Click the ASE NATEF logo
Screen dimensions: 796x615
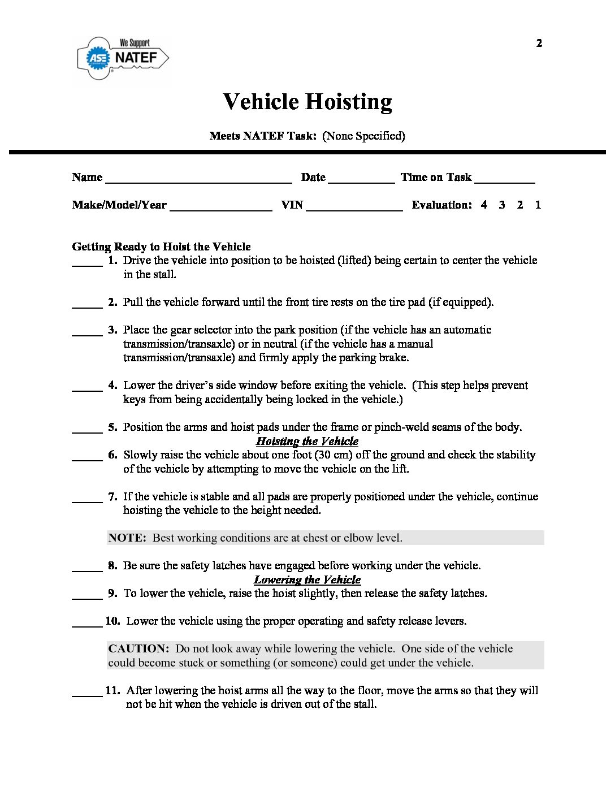point(123,58)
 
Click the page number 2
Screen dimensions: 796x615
point(539,43)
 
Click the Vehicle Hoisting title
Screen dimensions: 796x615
point(307,102)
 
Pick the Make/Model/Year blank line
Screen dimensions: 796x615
point(220,209)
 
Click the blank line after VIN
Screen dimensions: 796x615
point(354,209)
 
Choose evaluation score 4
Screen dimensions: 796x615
point(484,205)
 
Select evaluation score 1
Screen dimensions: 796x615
point(538,205)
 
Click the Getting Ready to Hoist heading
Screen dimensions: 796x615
point(161,246)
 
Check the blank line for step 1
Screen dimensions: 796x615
point(87,264)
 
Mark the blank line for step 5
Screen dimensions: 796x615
point(87,431)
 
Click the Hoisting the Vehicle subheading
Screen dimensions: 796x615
point(307,441)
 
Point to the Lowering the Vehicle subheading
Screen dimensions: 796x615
point(307,579)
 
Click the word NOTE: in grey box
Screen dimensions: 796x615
point(127,538)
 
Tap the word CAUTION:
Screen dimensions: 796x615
point(138,648)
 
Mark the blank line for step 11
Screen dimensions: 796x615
point(87,694)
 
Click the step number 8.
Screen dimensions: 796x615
point(112,565)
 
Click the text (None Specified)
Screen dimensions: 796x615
point(363,136)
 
